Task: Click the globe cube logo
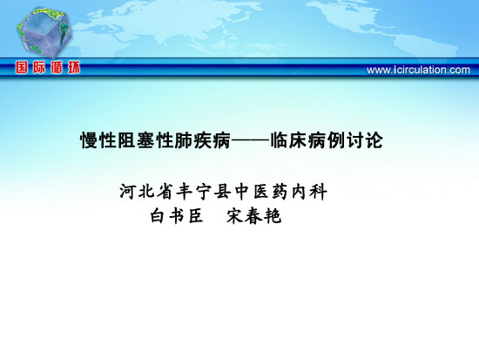44,33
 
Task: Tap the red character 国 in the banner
22,67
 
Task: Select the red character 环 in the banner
74,67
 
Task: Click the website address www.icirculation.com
418,70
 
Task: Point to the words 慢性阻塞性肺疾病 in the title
156,140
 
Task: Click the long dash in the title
251,140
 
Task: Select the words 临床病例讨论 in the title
327,140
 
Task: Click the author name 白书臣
177,216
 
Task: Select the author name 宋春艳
253,216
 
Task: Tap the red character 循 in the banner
57,67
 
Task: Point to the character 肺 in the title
184,140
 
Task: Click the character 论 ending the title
374,140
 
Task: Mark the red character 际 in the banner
39,67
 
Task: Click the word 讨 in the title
355,140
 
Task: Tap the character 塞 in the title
146,140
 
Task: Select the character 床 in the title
299,140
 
